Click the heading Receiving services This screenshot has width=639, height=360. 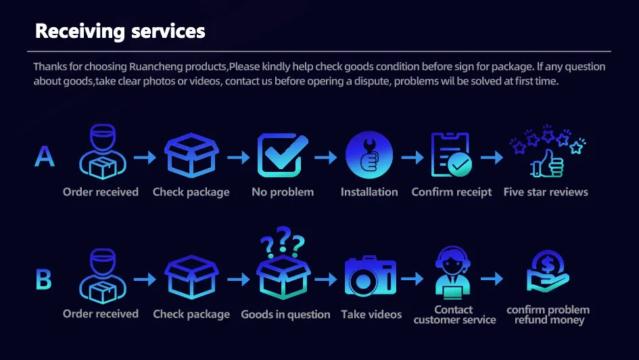120,31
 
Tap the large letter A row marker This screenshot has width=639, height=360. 45,156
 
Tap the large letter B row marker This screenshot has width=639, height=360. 43,279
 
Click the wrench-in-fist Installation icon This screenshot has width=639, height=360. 369,156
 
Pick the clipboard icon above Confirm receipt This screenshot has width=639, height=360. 451,156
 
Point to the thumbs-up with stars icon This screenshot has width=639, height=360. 546,152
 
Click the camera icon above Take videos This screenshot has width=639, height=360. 371,277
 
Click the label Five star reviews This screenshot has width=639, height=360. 546,192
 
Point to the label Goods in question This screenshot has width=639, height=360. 285,315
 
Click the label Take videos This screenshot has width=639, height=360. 371,315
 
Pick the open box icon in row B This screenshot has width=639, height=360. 191,277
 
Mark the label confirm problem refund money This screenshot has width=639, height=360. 548,315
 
